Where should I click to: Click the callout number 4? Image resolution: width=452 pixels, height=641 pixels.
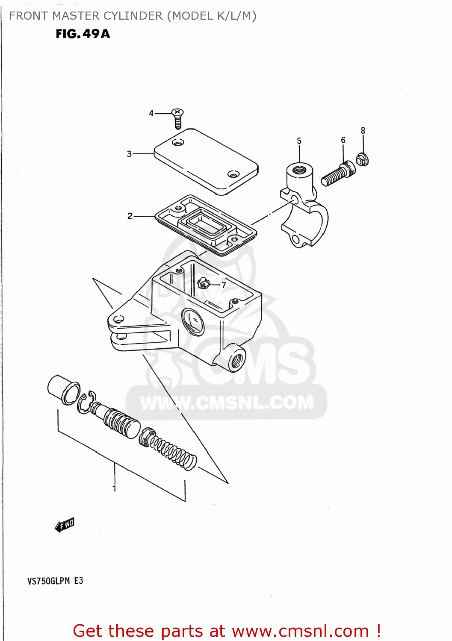click(x=151, y=113)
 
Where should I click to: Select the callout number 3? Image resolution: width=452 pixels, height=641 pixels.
click(x=129, y=154)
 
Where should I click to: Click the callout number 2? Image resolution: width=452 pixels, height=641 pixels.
click(x=130, y=216)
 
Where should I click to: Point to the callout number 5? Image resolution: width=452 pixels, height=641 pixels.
click(x=299, y=141)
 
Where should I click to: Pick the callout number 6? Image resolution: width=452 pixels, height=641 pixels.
click(x=343, y=140)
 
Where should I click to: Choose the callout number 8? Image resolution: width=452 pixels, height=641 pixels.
click(x=363, y=130)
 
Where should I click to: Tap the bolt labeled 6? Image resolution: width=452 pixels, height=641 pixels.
click(x=338, y=174)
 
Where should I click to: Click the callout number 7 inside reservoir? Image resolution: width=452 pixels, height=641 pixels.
click(x=224, y=285)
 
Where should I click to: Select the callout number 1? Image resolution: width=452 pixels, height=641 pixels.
click(x=114, y=488)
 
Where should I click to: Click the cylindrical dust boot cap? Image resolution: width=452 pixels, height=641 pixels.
click(x=63, y=389)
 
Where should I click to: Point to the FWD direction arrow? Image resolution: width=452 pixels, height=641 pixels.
click(x=65, y=525)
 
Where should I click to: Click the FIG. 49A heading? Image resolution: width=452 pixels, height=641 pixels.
click(x=83, y=34)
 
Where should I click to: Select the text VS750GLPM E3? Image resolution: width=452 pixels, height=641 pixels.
click(x=55, y=581)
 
